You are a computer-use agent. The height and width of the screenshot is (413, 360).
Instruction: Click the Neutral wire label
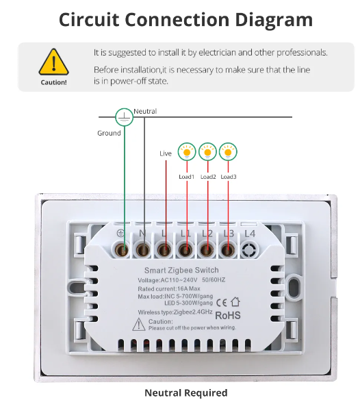coord(145,111)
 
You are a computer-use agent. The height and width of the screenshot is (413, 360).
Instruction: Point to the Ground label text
coord(109,133)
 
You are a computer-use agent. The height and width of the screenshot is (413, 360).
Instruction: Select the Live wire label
coord(165,153)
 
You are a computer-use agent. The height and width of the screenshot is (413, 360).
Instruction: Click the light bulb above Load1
coord(187,152)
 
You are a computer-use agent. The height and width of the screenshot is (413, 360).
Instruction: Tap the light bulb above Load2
coord(207,152)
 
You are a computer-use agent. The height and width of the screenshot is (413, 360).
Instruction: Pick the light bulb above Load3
coord(228,152)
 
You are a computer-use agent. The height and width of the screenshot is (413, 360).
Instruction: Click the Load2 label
coord(208,177)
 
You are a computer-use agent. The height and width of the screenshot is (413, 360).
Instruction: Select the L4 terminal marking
coord(250,234)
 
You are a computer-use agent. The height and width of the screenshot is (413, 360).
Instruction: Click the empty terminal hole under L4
coord(248,250)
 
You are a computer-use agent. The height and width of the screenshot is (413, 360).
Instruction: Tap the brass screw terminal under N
coord(142,250)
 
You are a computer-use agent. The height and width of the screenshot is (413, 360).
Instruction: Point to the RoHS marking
coord(228,315)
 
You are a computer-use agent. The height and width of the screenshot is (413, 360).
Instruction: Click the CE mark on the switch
coord(221,303)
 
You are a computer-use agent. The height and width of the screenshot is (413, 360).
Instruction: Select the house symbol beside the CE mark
coord(235,302)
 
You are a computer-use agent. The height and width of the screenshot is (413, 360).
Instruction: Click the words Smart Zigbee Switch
coord(181,271)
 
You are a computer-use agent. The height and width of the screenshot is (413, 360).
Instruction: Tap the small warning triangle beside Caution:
coord(139,324)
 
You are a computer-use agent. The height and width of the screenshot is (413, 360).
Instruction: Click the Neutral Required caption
coord(186,392)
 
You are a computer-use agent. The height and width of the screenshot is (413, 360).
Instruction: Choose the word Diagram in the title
coord(274,21)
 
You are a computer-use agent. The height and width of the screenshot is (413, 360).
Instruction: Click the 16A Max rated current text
coord(189,288)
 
